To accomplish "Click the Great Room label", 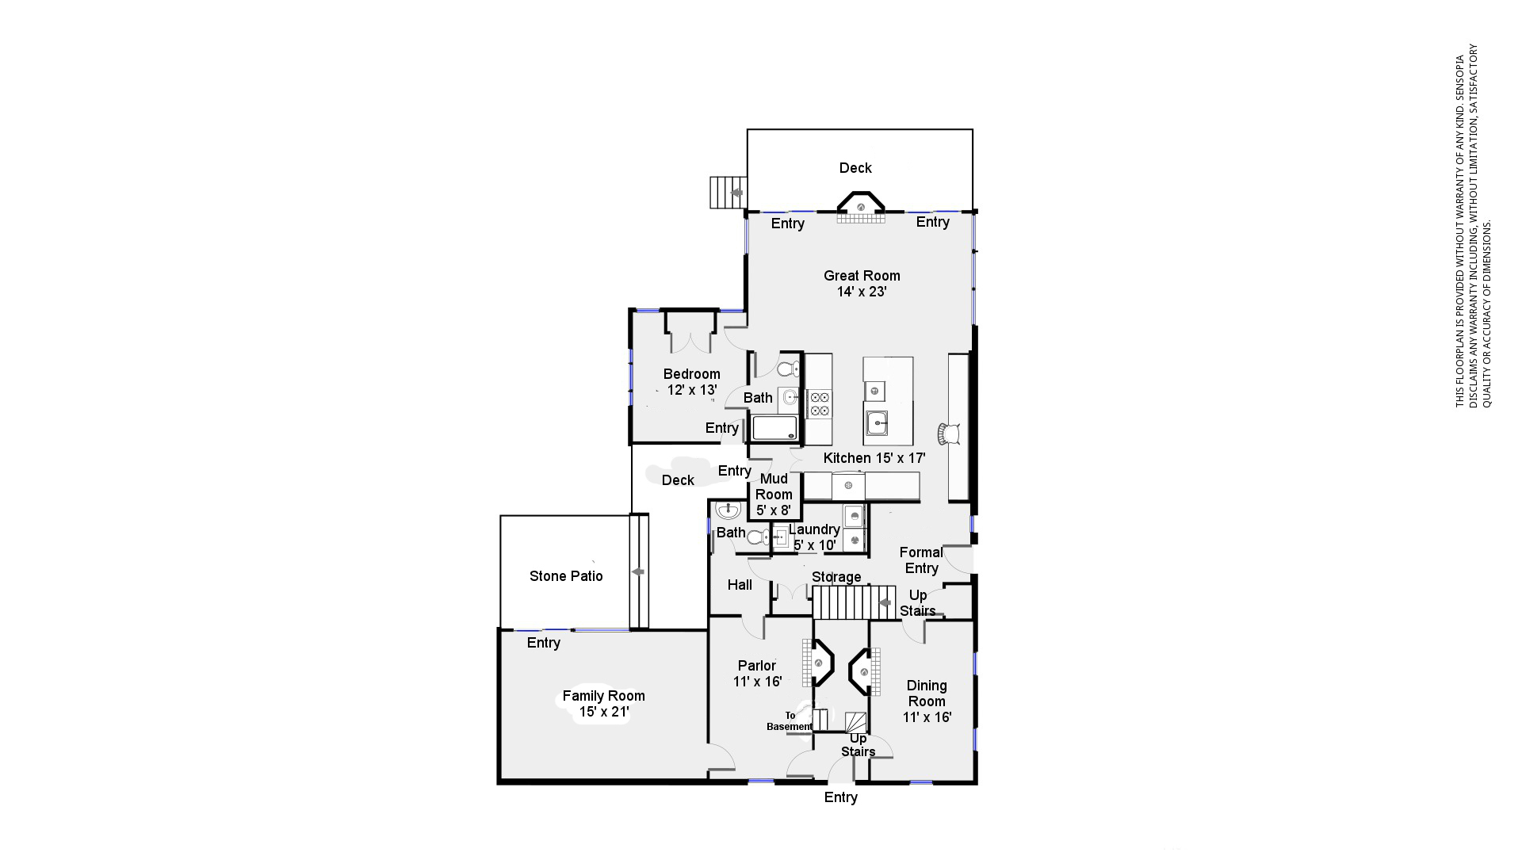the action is (x=862, y=284).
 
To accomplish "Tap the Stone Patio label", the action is (x=566, y=576).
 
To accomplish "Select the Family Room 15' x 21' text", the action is (x=604, y=704).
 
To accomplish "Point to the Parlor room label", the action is (x=757, y=674).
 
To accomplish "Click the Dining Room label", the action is (x=927, y=701).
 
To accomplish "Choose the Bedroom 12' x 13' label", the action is (x=692, y=382).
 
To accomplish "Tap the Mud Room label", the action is (x=774, y=495).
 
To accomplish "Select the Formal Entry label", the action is (x=921, y=560).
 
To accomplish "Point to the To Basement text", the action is (x=790, y=721).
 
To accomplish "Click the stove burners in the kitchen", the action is (x=820, y=403).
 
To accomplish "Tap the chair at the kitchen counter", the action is (x=950, y=434).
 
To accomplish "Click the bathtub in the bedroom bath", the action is (x=774, y=429).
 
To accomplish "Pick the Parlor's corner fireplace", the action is (x=818, y=663).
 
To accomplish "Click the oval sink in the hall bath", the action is (x=727, y=510).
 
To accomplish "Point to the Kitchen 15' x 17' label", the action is (x=874, y=458).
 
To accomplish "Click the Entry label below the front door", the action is (x=841, y=797).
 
